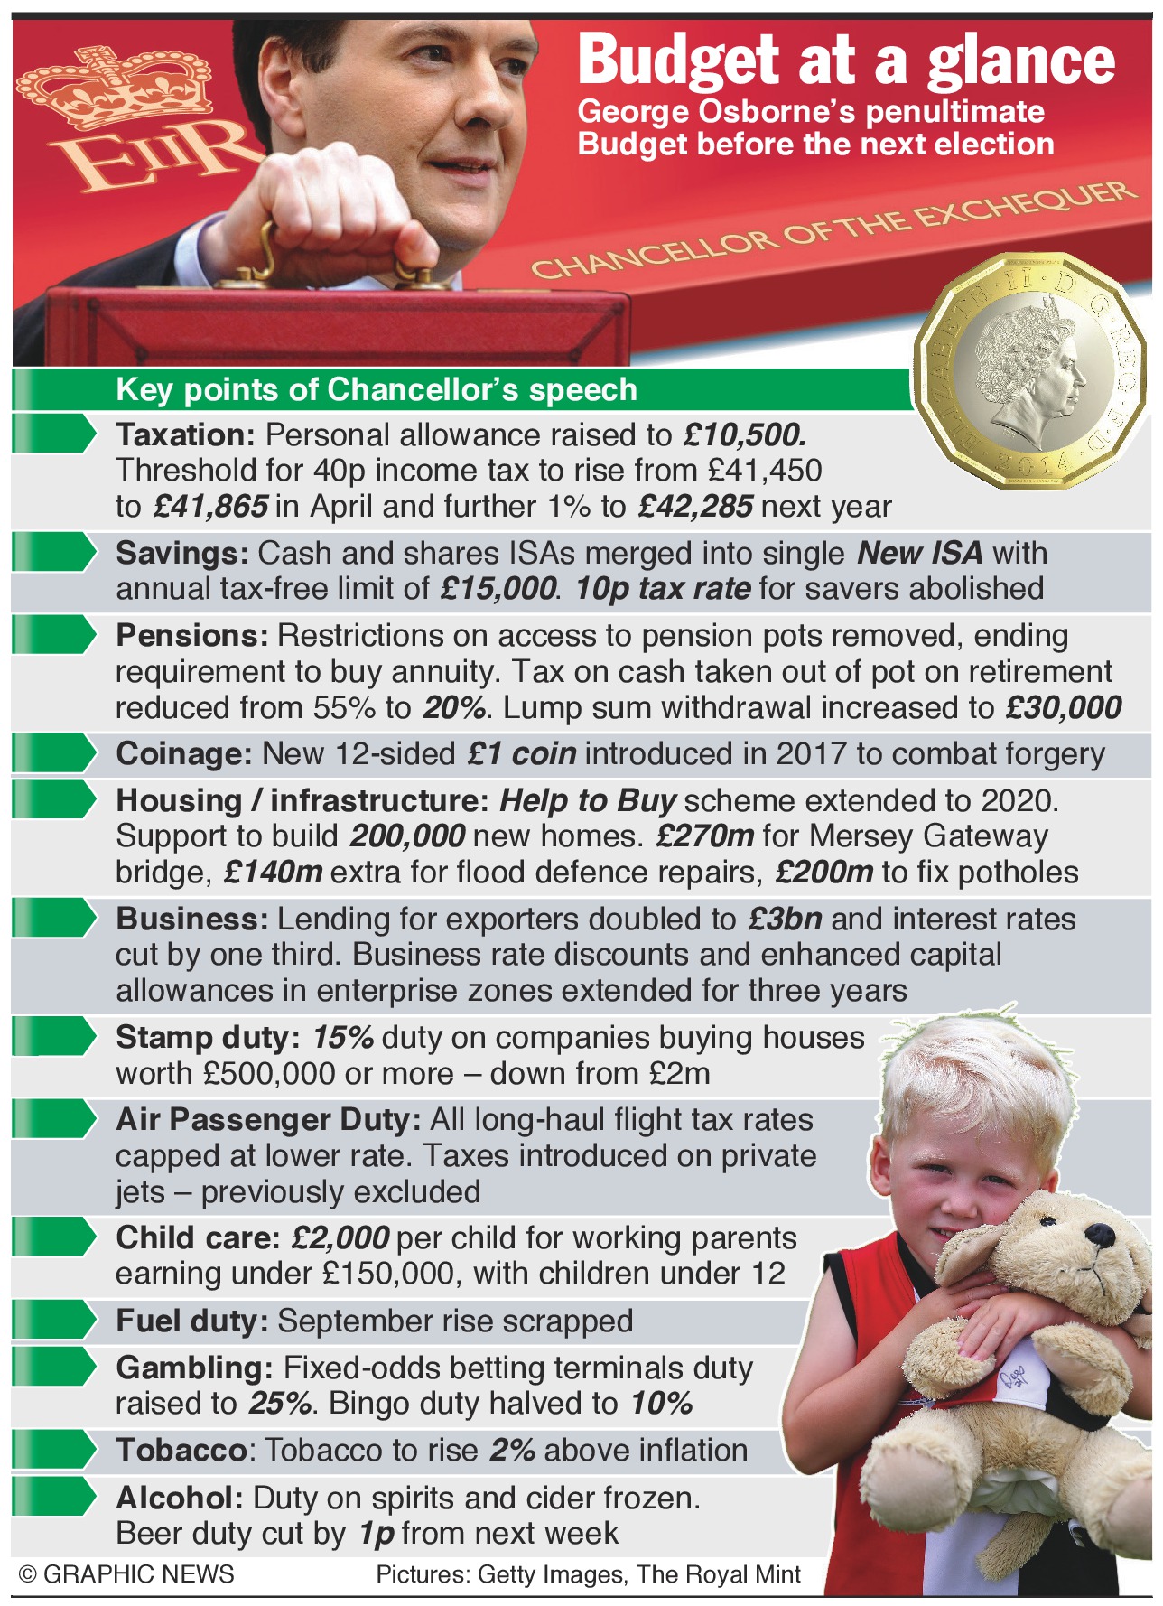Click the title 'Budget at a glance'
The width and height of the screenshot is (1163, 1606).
(846, 61)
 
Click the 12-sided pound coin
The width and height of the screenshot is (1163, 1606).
(1030, 370)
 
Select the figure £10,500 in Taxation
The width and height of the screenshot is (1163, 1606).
(744, 435)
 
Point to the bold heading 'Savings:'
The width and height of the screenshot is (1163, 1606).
(182, 553)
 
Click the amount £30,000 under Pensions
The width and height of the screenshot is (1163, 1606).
(1063, 707)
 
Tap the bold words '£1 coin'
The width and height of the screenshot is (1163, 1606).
(522, 753)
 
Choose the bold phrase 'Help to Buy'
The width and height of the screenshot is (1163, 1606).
(588, 800)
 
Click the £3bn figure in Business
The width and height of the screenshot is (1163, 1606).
(785, 919)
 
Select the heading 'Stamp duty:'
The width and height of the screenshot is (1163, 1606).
(209, 1037)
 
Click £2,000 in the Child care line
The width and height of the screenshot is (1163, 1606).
(340, 1237)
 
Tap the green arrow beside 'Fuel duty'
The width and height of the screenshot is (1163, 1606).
(54, 1321)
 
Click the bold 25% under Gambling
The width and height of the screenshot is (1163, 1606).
(281, 1403)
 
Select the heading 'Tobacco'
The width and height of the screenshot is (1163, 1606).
(181, 1450)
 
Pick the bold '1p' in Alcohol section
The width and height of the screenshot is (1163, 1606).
(377, 1533)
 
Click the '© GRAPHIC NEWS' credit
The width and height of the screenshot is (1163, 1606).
(126, 1574)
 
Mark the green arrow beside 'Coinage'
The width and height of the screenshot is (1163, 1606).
(54, 753)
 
